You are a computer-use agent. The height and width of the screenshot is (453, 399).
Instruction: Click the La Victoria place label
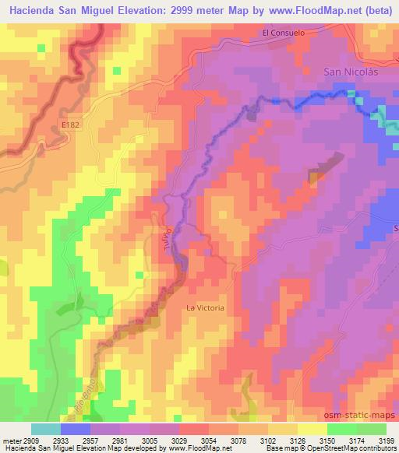pos(205,307)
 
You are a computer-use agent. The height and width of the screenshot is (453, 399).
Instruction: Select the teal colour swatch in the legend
pos(46,428)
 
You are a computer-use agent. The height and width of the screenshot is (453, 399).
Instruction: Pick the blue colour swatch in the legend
pos(76,428)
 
